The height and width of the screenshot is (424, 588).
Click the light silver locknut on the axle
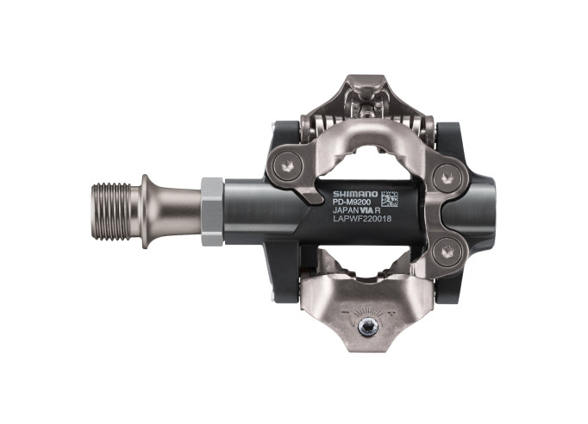(x=213, y=211)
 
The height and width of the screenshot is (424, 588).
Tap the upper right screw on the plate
(x=446, y=178)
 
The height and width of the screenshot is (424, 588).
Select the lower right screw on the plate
(x=446, y=251)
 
